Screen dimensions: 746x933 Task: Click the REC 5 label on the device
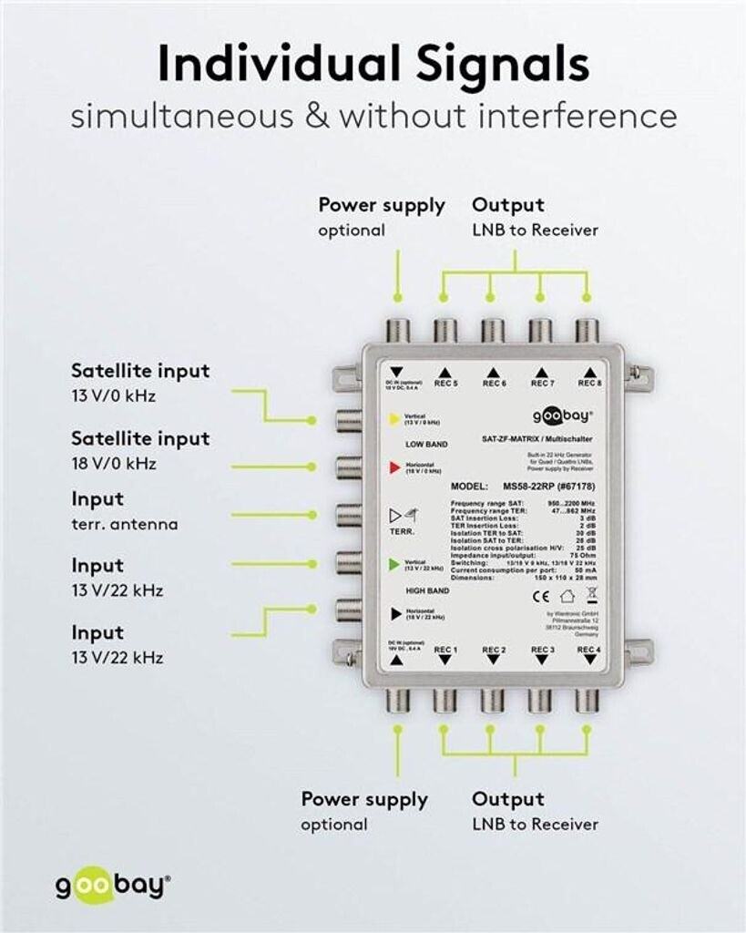click(445, 384)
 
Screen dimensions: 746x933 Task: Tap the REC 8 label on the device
click(589, 384)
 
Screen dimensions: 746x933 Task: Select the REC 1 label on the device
click(445, 650)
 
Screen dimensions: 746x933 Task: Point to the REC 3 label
click(542, 650)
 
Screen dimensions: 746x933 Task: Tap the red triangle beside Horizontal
click(393, 467)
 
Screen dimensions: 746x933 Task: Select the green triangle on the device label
click(393, 565)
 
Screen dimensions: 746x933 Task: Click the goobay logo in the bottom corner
click(112, 887)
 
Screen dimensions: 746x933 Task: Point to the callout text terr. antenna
click(125, 524)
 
